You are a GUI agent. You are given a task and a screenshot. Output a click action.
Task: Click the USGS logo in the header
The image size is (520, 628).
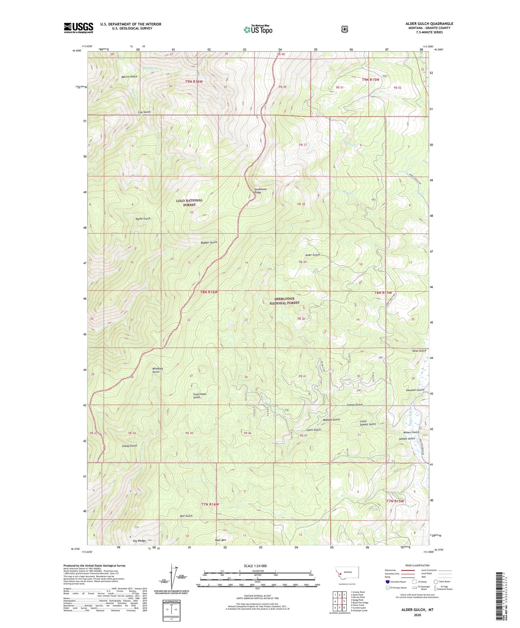(x=78, y=28)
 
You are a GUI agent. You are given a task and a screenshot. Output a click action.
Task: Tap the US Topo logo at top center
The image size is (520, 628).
(x=258, y=29)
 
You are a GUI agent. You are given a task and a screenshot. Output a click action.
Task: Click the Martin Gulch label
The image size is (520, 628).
(x=129, y=77)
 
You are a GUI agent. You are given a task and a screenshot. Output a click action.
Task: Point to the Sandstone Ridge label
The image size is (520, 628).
(x=260, y=191)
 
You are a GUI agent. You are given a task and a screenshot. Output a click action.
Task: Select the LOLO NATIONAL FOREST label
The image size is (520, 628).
(x=189, y=203)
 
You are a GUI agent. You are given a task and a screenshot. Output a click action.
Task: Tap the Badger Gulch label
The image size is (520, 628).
(x=209, y=242)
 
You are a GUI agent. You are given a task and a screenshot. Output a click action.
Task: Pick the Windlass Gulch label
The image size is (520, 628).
(x=156, y=370)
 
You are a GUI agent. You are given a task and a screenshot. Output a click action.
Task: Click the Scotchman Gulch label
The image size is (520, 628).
(x=200, y=396)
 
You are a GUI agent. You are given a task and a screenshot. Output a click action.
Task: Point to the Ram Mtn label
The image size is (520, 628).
(x=220, y=540)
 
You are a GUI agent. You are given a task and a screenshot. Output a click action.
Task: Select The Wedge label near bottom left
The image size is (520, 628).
(x=139, y=541)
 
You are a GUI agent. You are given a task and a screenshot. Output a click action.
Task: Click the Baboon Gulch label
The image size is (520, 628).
(x=331, y=419)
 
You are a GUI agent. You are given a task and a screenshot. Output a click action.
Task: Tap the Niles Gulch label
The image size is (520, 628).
(x=419, y=351)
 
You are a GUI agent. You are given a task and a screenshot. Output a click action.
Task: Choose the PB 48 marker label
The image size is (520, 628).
(x=281, y=54)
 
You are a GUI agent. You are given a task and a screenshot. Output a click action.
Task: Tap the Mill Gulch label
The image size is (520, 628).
(x=186, y=516)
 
